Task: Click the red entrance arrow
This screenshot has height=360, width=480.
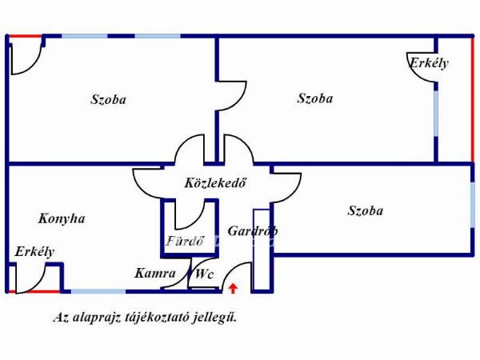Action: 234,288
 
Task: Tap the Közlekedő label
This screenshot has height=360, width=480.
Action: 215,183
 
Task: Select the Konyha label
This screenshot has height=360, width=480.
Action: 62,218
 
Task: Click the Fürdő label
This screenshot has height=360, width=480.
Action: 185,241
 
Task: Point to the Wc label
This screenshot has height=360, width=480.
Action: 204,274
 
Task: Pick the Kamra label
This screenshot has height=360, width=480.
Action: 155,273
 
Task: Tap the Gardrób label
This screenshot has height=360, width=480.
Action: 253,231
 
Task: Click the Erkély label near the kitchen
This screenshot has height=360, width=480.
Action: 34,252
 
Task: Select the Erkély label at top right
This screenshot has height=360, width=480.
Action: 429,63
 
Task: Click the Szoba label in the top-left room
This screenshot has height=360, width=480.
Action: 108,99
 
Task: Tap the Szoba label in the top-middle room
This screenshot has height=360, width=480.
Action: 315,98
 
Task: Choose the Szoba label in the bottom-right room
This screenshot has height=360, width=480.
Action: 366,210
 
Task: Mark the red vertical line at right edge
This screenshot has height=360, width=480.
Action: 472,99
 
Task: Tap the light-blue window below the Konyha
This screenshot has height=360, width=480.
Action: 98,291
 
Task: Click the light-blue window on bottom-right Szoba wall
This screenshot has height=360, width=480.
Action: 472,205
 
